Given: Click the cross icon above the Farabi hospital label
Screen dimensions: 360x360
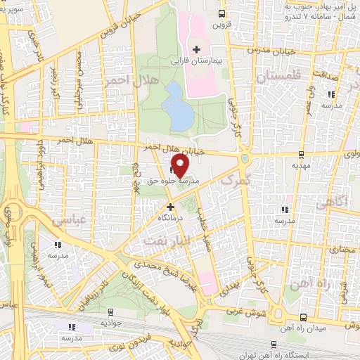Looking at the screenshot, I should click(196, 50).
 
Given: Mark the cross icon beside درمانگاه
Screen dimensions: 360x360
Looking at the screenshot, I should click(169, 207).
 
